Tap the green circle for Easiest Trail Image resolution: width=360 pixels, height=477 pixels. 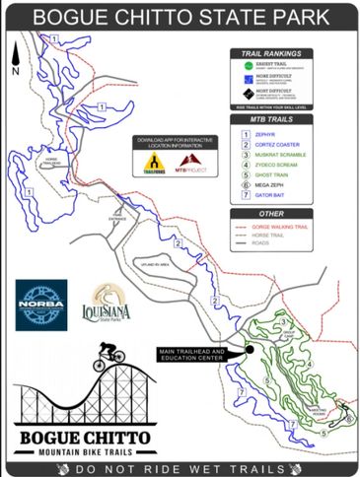pos(249,64)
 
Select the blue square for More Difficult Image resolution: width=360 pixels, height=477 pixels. pos(249,79)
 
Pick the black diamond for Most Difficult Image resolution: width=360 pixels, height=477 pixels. pos(249,94)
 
